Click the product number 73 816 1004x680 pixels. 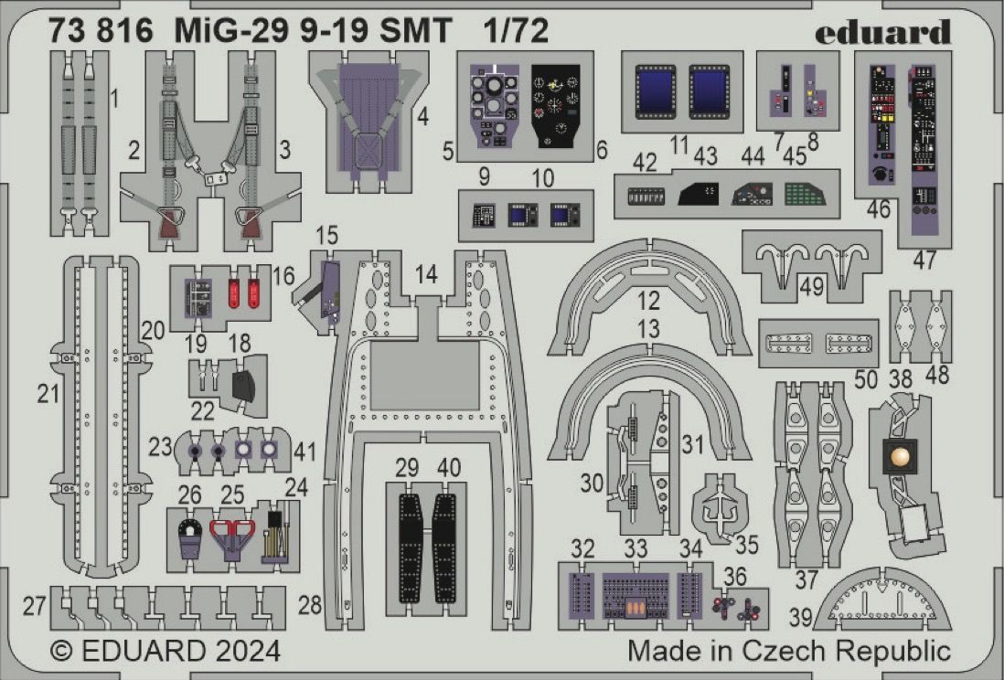(x=103, y=31)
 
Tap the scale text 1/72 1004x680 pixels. (x=516, y=31)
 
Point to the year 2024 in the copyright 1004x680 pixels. (x=239, y=653)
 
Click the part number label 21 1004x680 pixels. (x=48, y=394)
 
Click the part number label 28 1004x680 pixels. (x=310, y=604)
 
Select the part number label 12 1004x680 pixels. (x=648, y=300)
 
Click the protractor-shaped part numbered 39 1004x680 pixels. (x=881, y=602)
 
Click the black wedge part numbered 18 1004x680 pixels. (x=246, y=385)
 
